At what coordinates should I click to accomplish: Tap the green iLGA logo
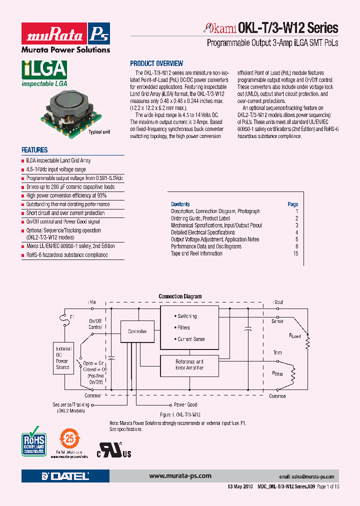(44, 74)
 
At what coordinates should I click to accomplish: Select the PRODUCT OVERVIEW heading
(156, 63)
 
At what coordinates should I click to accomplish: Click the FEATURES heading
(34, 150)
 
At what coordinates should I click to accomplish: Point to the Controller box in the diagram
(137, 331)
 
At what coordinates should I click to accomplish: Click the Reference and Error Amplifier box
(189, 364)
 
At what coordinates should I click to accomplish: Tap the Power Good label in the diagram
(185, 404)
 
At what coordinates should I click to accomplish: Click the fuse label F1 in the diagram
(72, 317)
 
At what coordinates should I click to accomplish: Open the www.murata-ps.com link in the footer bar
(180, 476)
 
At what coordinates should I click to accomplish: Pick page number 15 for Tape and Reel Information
(295, 253)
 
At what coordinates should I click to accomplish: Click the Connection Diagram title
(180, 296)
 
